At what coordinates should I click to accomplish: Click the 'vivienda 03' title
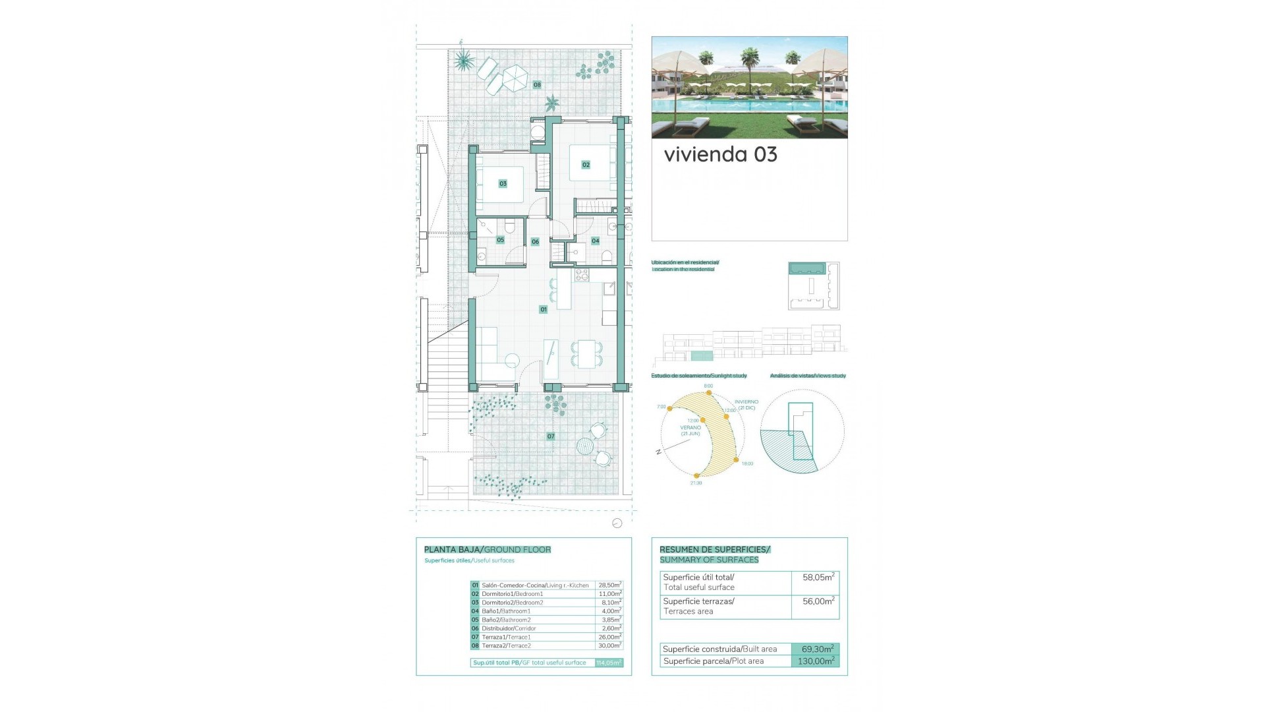coord(720,154)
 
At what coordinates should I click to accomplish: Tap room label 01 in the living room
coord(544,309)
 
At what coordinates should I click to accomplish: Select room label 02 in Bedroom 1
coord(586,165)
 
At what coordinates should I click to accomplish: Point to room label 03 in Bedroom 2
coord(503,183)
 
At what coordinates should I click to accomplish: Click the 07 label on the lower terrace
coord(551,436)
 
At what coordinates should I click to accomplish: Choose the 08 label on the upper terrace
coord(537,85)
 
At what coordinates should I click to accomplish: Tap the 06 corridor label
coord(535,242)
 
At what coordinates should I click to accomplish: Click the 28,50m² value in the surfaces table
coord(609,585)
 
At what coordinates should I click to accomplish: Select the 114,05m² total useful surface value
coord(609,663)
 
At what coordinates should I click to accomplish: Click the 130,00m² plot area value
coord(816,661)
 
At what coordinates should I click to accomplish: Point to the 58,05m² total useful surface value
coord(818,578)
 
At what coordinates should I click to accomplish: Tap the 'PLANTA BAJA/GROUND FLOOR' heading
coord(488,549)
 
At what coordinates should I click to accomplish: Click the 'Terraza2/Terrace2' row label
coord(506,645)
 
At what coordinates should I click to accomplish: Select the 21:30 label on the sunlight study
coord(696,483)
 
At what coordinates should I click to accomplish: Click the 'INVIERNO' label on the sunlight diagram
coord(746,401)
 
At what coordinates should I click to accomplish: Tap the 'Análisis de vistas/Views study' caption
coord(808,376)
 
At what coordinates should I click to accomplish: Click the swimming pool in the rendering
coord(725,105)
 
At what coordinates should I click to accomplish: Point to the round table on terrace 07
coord(584,446)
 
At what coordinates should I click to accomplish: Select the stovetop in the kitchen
coord(582,275)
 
